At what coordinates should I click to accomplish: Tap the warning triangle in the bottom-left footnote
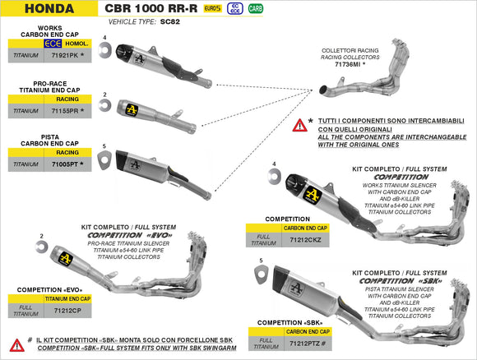click(16, 345)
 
